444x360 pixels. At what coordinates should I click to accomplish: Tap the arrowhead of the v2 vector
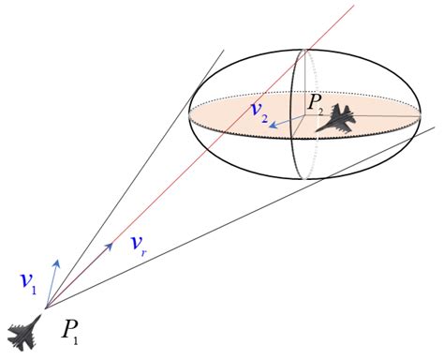coord(272,122)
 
